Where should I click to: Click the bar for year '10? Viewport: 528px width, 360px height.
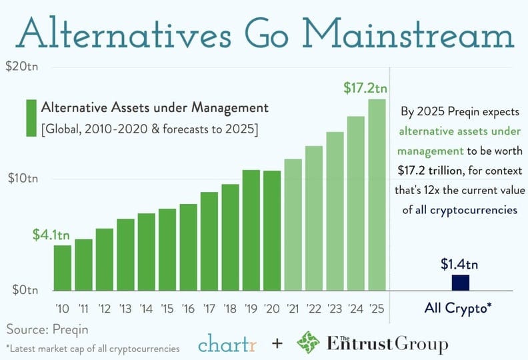pos(63,268)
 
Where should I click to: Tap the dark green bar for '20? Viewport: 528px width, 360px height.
pos(272,231)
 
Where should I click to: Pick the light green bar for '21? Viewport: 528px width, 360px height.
pos(293,225)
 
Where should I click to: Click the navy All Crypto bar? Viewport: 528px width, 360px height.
pos(461,283)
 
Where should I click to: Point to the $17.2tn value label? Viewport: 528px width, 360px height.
pos(365,87)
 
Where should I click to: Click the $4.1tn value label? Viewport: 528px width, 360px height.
pos(51,235)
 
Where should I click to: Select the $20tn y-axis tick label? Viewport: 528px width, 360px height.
pos(22,67)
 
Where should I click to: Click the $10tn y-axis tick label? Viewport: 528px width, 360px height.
pos(22,179)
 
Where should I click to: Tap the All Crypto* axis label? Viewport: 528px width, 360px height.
pos(459,308)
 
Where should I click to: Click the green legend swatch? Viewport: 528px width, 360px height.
pos(31,118)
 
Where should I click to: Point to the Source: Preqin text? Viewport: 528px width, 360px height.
pos(47,329)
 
